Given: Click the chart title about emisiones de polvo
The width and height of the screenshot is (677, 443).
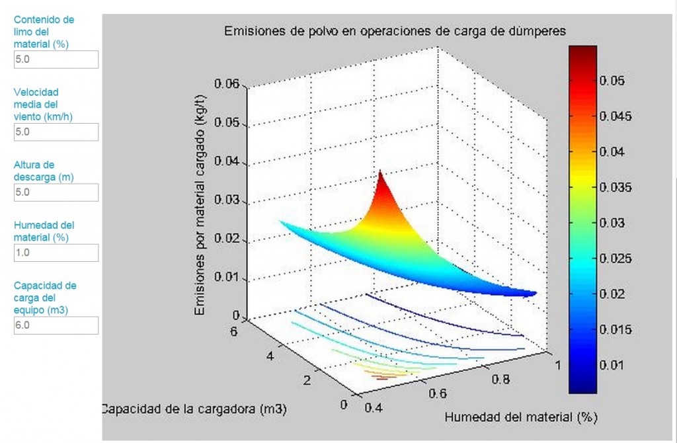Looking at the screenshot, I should coord(395,30).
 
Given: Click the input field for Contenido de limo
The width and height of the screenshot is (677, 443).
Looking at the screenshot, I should coord(56,60).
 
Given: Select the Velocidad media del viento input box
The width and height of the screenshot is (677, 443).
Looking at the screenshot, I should coord(56,132).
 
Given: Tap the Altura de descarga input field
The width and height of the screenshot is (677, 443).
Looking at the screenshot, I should coord(56,192).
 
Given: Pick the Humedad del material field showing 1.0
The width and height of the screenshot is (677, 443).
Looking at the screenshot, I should coord(56,253).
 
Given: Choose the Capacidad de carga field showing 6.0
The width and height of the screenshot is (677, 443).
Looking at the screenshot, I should coord(56,325).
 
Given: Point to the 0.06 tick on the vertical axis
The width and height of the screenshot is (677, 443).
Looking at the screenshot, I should coord(226,85).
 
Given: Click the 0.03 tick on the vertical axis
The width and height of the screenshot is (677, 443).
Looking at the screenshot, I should coord(226,201).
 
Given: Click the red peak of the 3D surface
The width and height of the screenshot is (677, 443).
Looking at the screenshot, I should coord(381,175).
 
